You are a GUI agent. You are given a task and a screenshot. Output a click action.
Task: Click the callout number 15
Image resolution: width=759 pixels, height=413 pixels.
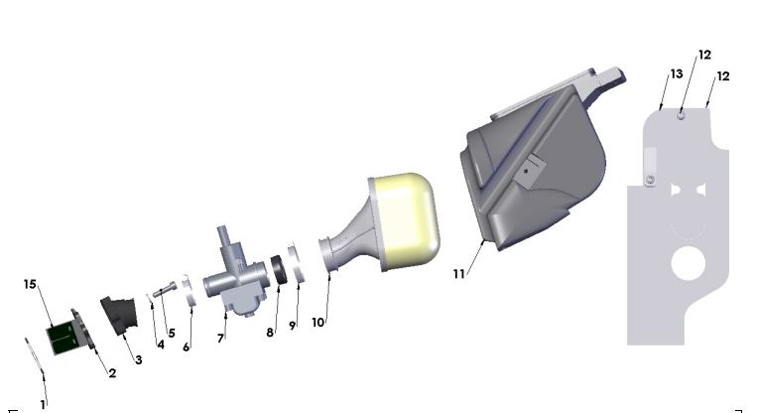(30, 284)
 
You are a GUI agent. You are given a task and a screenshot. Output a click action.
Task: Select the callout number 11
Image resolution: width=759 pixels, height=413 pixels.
(458, 273)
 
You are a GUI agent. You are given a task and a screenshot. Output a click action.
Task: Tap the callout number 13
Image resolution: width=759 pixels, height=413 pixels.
(676, 74)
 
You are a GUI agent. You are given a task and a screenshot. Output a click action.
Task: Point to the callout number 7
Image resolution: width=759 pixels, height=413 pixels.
(221, 339)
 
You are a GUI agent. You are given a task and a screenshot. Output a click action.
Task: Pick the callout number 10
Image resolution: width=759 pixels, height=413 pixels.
(318, 323)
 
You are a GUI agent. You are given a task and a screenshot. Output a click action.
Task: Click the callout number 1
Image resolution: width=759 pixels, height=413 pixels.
(43, 404)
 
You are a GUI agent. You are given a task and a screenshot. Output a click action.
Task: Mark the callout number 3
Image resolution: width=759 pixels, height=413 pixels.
(138, 359)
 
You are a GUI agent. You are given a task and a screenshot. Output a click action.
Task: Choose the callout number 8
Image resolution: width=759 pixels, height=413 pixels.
(269, 333)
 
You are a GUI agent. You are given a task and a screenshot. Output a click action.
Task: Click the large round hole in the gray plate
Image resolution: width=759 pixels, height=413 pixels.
(687, 264)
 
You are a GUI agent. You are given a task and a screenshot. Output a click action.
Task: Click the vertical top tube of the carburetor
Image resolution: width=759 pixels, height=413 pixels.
(225, 244)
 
